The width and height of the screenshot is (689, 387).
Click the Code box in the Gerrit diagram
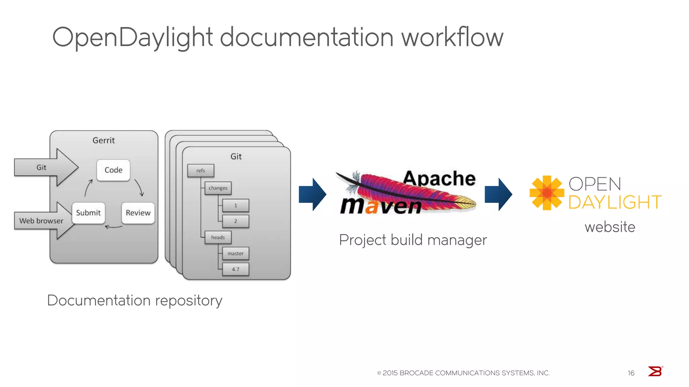(x=113, y=170)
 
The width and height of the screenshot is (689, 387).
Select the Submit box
(x=88, y=213)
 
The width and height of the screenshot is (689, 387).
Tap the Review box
(x=138, y=213)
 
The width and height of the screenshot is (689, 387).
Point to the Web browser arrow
(x=41, y=221)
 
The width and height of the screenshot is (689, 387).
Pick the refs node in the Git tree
(x=201, y=171)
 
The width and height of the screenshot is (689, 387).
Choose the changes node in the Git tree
(x=218, y=188)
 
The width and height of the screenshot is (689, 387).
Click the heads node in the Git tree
(x=218, y=238)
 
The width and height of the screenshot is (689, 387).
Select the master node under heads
(x=235, y=254)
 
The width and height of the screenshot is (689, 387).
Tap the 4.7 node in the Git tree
(x=235, y=269)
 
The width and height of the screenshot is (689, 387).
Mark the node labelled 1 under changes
(x=235, y=206)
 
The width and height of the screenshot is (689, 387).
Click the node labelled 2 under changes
(x=235, y=221)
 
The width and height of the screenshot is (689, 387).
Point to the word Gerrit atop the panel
(x=104, y=140)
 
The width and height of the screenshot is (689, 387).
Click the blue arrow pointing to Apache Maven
(x=313, y=195)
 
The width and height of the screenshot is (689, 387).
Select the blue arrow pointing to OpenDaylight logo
(x=498, y=195)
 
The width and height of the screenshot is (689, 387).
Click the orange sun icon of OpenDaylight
(x=547, y=193)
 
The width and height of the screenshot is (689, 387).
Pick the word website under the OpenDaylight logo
(x=610, y=227)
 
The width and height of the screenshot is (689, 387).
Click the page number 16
(x=631, y=373)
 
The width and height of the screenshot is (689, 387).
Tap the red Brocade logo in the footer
(x=655, y=372)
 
